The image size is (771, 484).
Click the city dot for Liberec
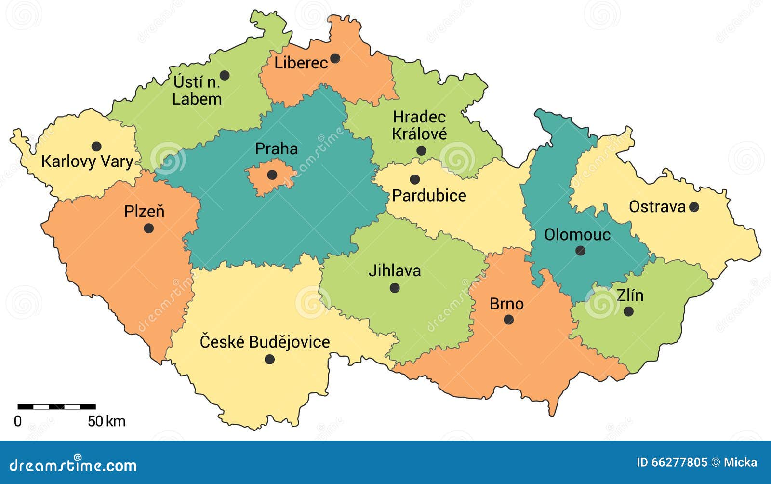(x=335, y=59)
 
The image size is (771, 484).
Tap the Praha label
(x=276, y=148)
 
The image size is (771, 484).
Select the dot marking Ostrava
(x=694, y=207)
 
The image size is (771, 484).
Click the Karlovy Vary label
(x=87, y=161)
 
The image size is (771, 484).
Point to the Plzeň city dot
(x=149, y=228)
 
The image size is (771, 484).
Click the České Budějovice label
(x=265, y=342)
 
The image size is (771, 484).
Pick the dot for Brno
(x=508, y=320)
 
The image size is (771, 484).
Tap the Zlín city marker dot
(x=628, y=311)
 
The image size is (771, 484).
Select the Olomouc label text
(x=577, y=235)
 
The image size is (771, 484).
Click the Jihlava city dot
(x=395, y=288)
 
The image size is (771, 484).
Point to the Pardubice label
(x=429, y=196)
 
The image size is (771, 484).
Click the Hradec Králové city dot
(x=421, y=151)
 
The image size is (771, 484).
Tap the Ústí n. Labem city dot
(x=225, y=76)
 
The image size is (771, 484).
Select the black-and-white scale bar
(x=56, y=407)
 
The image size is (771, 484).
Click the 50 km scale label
(x=106, y=421)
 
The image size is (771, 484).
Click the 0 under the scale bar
(x=18, y=421)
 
